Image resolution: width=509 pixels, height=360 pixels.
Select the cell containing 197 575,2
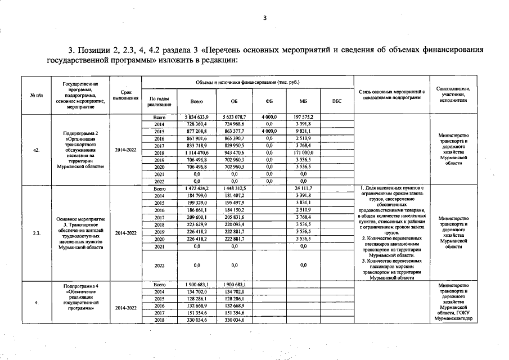point(303,116)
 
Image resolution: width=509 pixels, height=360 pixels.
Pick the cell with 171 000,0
point(303,152)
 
